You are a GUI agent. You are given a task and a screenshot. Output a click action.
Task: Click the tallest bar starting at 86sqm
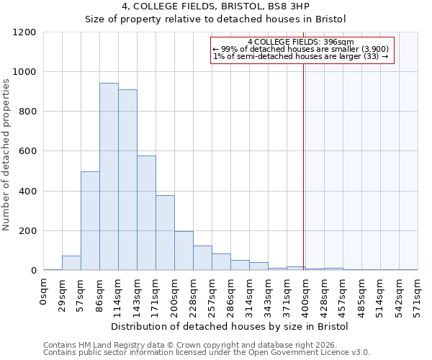tap(109, 176)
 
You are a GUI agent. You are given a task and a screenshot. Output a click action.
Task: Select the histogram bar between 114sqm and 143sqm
tap(127, 180)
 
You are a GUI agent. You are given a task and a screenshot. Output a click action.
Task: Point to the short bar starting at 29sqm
tap(71, 263)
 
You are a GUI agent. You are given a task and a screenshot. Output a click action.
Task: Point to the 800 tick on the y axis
tap(27, 112)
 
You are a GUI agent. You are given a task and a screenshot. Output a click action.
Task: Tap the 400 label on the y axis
tap(27, 192)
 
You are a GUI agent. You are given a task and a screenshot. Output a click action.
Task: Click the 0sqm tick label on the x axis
tap(44, 291)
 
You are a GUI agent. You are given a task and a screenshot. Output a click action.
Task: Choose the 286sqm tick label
tap(230, 293)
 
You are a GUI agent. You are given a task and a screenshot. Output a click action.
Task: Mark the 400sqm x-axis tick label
tap(305, 293)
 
